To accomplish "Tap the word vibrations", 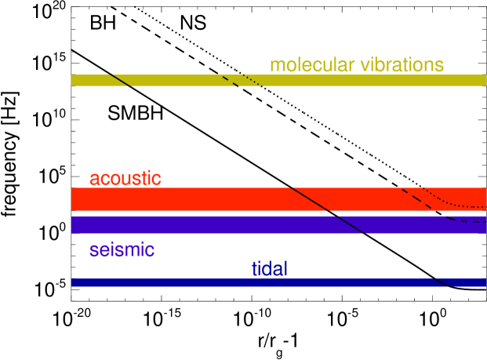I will pos(402,65).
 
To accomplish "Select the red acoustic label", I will pos(125,178).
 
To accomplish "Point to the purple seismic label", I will pos(122,250).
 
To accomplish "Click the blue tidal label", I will pos(269,269).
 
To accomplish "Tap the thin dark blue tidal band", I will pos(235,282).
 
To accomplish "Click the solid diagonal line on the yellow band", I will pos(120,80).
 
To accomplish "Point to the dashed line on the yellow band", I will pos(230,81).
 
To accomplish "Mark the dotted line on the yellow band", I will pos(251,80).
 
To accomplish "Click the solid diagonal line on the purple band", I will pos(347,224).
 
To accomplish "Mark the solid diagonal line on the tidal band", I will pos(441,282).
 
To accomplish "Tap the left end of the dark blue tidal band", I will pos(74,282).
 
